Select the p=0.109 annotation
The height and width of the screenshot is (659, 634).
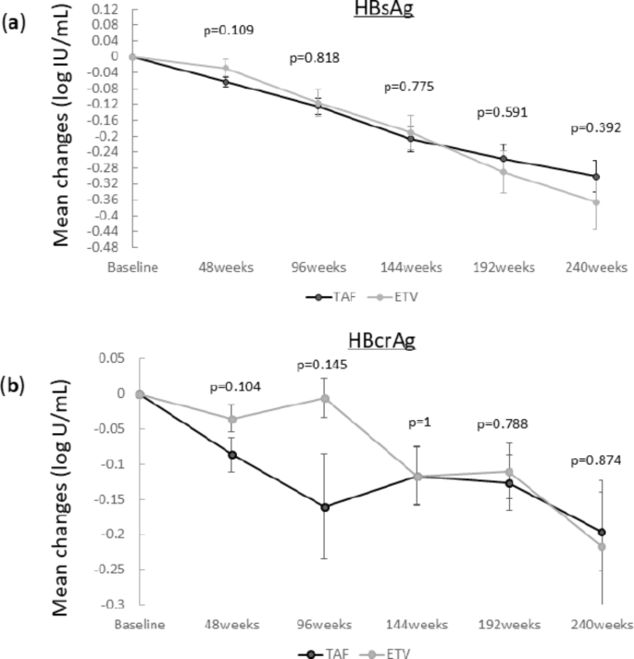228,31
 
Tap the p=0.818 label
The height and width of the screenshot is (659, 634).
315,57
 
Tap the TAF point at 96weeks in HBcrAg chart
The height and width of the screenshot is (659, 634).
324,507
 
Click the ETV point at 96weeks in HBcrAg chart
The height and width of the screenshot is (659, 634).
324,398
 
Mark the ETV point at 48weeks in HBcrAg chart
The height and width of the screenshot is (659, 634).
232,419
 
